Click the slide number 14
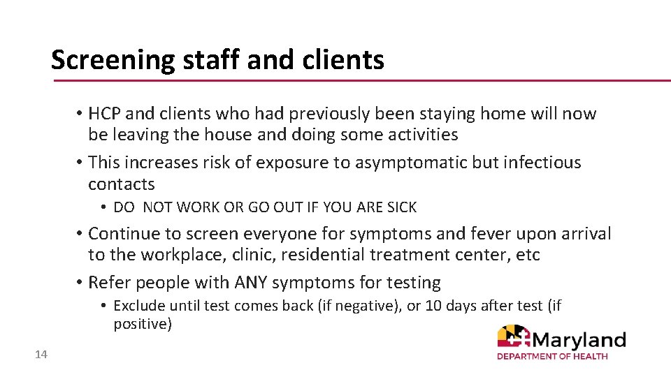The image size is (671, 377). pos(41,355)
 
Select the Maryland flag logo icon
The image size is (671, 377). pos(514,338)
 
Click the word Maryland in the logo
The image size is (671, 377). pos(579,340)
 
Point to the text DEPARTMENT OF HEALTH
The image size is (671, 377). pos(552,357)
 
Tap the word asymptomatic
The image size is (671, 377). pos(405,162)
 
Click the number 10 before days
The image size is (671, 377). pos(433,306)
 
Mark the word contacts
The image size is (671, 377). pos(122,184)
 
